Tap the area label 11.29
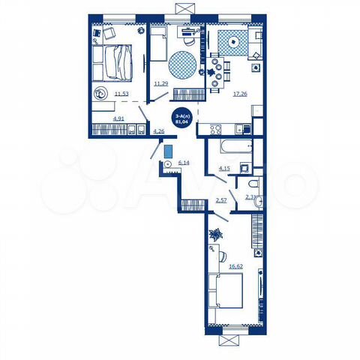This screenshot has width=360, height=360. (x=160, y=84)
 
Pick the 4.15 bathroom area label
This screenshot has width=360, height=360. (x=224, y=169)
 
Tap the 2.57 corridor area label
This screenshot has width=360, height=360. (x=220, y=199)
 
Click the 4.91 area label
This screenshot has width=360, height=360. (x=97, y=118)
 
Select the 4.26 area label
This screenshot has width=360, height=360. (x=158, y=131)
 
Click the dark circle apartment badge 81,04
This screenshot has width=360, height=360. (x=181, y=118)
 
